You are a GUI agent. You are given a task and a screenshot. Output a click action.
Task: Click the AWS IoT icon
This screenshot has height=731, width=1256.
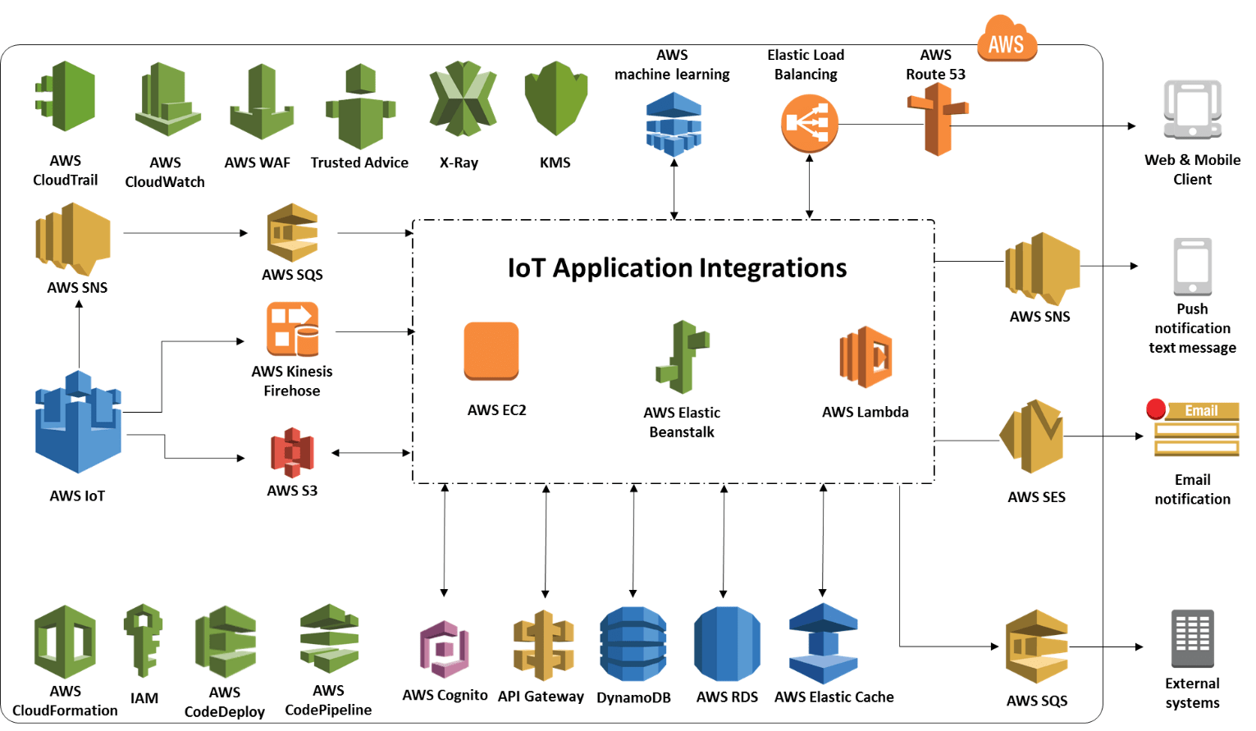coord(78,423)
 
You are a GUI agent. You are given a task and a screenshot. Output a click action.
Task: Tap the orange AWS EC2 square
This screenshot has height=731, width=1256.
coord(491,351)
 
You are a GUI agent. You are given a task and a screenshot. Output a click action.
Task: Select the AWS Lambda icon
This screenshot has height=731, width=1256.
coord(865,357)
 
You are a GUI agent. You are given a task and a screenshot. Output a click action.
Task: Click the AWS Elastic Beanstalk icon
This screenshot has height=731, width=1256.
coord(682,358)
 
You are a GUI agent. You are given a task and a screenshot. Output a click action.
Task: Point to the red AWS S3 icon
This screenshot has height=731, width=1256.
coord(292,452)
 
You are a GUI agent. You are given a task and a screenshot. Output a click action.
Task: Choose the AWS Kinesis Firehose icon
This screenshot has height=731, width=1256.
coord(292,329)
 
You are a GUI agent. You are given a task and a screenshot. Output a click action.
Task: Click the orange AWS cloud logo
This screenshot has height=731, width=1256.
coord(1007,41)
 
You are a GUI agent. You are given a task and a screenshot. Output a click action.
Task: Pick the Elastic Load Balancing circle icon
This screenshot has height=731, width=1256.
coord(809,123)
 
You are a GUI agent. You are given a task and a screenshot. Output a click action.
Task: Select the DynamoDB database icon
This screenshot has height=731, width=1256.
coord(633,645)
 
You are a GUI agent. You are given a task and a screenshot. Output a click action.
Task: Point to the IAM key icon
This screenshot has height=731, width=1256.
coord(143,641)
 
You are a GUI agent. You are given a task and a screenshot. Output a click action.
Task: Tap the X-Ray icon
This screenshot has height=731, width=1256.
coord(463,98)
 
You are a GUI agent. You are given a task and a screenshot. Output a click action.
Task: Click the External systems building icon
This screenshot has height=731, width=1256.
coord(1192,638)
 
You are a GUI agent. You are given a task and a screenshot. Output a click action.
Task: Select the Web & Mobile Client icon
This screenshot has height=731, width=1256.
coord(1192,110)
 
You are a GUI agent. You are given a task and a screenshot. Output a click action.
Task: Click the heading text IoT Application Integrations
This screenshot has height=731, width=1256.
coord(677,268)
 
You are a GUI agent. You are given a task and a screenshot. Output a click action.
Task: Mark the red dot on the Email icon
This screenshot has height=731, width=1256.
coord(1156,409)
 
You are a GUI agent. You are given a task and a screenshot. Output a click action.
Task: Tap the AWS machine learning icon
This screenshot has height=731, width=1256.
coord(674,124)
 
